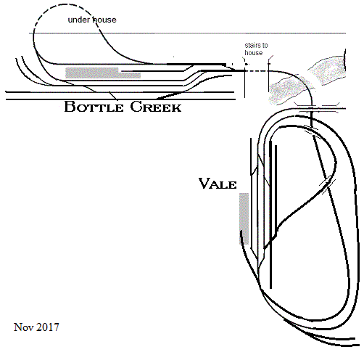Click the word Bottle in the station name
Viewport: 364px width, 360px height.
click(94, 107)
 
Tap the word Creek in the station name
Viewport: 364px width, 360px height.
click(156, 107)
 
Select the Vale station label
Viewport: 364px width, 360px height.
click(218, 184)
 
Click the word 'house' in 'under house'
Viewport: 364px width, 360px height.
click(104, 20)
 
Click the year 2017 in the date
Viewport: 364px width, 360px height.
click(48, 327)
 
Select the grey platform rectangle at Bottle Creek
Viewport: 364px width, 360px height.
click(103, 73)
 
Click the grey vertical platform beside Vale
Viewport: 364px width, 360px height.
click(244, 218)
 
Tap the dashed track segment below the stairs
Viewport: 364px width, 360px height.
click(257, 71)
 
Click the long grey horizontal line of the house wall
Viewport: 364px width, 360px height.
click(187, 33)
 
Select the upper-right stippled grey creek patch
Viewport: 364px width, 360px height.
click(328, 70)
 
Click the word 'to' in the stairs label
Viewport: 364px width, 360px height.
click(265, 46)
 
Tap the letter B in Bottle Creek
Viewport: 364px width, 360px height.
click(70, 107)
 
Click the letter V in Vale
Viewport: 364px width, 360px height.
click(204, 183)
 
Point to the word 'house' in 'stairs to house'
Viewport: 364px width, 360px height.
click(253, 52)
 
